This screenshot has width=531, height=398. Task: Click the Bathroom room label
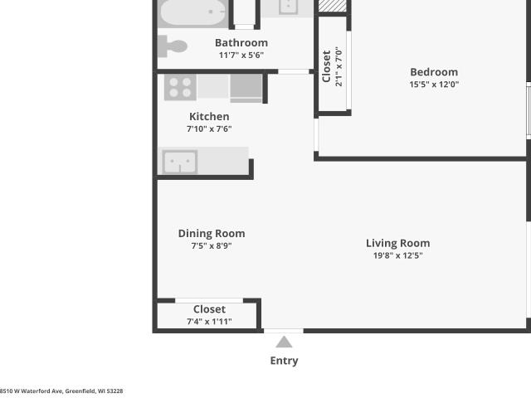(241, 43)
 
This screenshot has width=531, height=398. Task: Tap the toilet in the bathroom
(173, 46)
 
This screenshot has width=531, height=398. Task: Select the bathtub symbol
(193, 13)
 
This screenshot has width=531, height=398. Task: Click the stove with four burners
(180, 87)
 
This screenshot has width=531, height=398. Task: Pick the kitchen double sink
(180, 162)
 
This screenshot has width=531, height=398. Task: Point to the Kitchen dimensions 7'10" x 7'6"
(209, 129)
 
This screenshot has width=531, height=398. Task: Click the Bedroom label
(434, 72)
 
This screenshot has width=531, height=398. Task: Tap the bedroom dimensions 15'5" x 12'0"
(434, 85)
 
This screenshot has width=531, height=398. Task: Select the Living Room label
(398, 243)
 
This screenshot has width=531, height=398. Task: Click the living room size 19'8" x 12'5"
(398, 255)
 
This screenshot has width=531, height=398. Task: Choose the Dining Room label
(212, 234)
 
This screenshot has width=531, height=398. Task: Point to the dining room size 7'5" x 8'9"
(212, 245)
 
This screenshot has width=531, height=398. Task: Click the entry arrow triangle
(284, 342)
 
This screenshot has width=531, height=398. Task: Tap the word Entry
(284, 361)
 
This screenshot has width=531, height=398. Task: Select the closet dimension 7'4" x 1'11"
(209, 322)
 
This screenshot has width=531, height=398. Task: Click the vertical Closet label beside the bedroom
(326, 66)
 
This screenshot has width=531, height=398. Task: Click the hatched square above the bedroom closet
(333, 6)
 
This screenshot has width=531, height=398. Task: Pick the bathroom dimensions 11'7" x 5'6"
(241, 56)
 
